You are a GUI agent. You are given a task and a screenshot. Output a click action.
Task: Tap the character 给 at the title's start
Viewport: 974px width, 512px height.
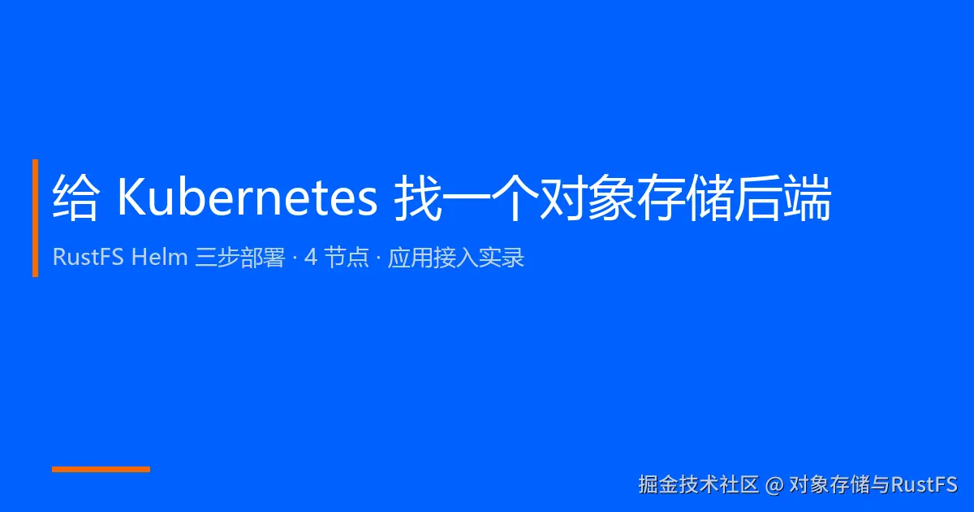point(75,198)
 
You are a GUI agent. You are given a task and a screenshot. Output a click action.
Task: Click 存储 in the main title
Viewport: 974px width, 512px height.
point(685,198)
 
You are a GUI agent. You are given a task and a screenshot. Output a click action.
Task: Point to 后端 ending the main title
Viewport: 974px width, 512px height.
point(782,198)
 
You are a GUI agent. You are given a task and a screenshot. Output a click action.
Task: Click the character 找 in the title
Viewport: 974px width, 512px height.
point(417,198)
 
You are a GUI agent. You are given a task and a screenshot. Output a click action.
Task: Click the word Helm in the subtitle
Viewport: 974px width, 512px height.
point(159,257)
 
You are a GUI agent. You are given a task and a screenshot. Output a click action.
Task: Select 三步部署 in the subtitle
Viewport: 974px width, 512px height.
point(240,258)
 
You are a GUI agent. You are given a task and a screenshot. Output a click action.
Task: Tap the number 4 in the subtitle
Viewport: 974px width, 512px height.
point(310,257)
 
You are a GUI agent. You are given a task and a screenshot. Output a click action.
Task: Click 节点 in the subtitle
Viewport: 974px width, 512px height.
point(347,258)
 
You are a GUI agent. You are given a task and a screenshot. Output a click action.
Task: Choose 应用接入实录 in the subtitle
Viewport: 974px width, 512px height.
point(456,258)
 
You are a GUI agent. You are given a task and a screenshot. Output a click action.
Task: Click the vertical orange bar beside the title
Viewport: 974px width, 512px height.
point(35,218)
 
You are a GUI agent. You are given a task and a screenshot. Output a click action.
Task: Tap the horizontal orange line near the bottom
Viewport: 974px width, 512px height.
point(101,469)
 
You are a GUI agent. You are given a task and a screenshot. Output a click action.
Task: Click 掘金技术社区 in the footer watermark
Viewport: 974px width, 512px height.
point(698,484)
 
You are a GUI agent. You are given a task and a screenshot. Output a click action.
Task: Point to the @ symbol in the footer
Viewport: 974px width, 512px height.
point(774,485)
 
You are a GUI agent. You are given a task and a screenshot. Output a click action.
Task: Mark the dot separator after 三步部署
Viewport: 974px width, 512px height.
point(295,258)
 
